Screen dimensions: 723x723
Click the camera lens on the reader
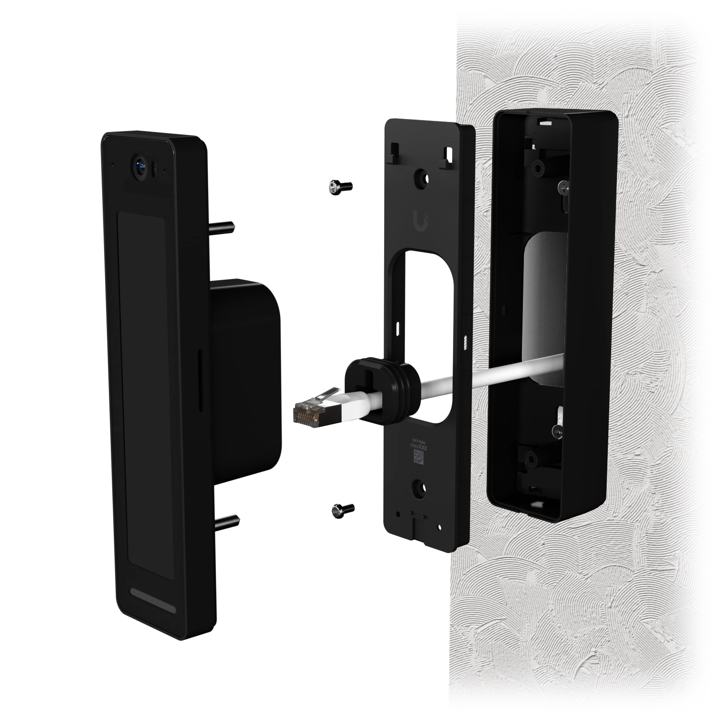point(140,167)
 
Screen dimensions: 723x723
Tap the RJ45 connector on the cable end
point(308,414)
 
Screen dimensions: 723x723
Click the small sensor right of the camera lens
point(154,169)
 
